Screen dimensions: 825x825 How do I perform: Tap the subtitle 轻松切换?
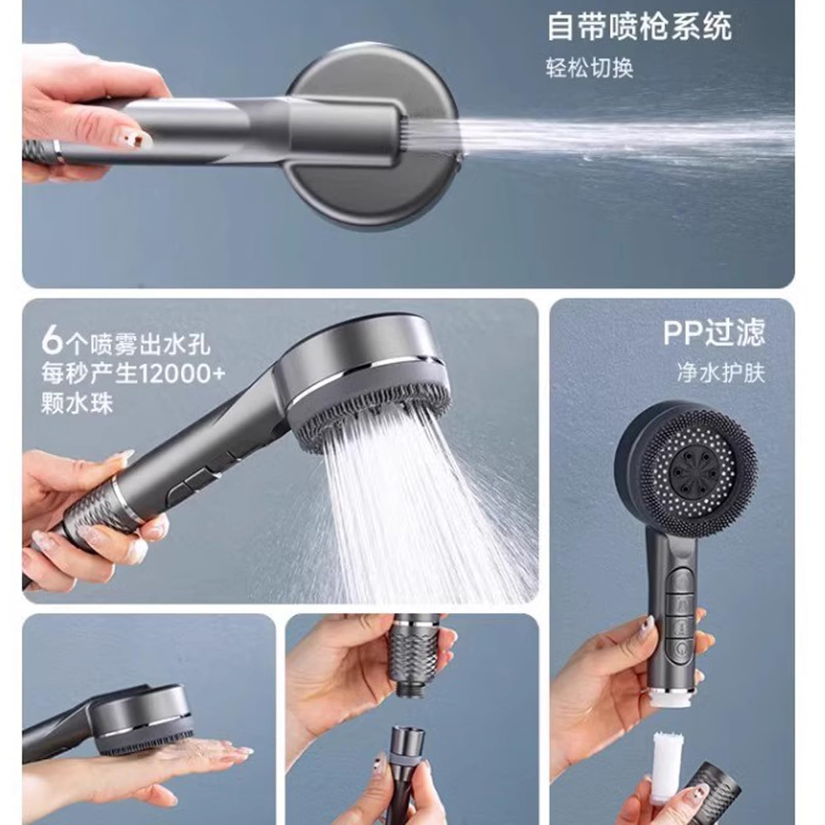tap(589, 68)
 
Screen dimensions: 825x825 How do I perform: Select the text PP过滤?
tap(714, 333)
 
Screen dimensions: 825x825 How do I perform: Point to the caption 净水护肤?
tap(721, 372)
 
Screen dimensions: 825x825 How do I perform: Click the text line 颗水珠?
tap(76, 403)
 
